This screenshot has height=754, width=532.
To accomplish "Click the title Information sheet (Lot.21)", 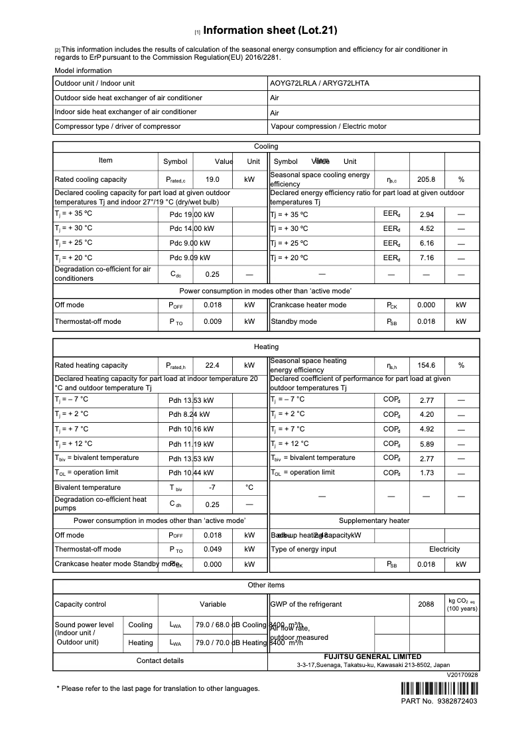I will [x=271, y=30].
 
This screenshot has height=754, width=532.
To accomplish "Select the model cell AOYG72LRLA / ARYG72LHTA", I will [x=319, y=83].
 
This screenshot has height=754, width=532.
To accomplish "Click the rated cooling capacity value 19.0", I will [x=212, y=179].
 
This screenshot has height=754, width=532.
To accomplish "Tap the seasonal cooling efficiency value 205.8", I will [x=426, y=179].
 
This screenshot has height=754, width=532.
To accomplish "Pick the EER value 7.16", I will [x=427, y=258].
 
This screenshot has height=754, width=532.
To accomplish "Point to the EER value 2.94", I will [x=427, y=214].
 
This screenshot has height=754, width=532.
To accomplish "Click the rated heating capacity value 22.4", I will [x=212, y=365].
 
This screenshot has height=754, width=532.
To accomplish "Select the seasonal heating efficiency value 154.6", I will [x=426, y=365].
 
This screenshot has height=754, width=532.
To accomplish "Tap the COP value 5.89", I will [x=427, y=443].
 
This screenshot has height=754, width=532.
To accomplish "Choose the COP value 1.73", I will [x=427, y=473].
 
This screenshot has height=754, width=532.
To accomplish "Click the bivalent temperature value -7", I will [x=212, y=487].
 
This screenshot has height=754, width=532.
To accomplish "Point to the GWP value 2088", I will [x=426, y=604].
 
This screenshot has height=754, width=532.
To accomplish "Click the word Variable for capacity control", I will [x=213, y=604].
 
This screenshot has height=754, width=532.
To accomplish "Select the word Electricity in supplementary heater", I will [x=444, y=549].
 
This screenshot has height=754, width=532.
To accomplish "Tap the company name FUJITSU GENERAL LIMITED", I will [x=372, y=656].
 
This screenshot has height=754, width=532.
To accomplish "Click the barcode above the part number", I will [x=438, y=688].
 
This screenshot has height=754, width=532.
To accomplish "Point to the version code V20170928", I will [x=462, y=674].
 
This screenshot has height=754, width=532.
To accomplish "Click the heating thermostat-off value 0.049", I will [x=212, y=549].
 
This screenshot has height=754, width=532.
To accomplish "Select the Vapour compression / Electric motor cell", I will [x=328, y=126].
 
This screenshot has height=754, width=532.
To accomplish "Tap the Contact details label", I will [x=160, y=660].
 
